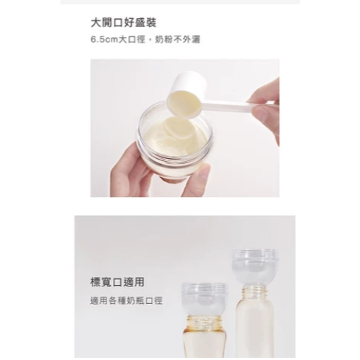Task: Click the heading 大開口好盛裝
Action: pos(123,23)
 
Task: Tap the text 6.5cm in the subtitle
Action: pos(104,39)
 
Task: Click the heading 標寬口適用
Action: pos(117,282)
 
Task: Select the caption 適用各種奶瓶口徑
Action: pos(126,301)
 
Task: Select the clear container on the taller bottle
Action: pos(254,267)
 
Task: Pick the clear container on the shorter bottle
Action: pos(204,300)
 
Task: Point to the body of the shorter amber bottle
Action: pos(204,343)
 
